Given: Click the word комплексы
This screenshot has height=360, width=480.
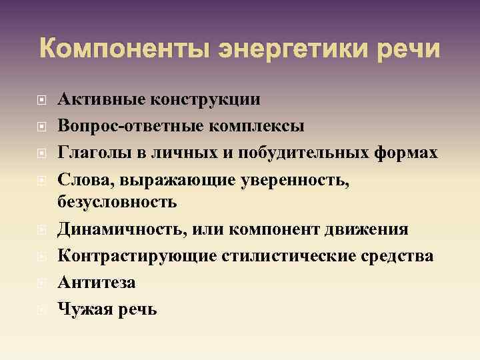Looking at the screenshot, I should coord(257,126).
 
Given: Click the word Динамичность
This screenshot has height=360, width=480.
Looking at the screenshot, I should coord(120,229).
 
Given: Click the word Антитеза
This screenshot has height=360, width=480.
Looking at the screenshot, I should coord(97,283).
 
